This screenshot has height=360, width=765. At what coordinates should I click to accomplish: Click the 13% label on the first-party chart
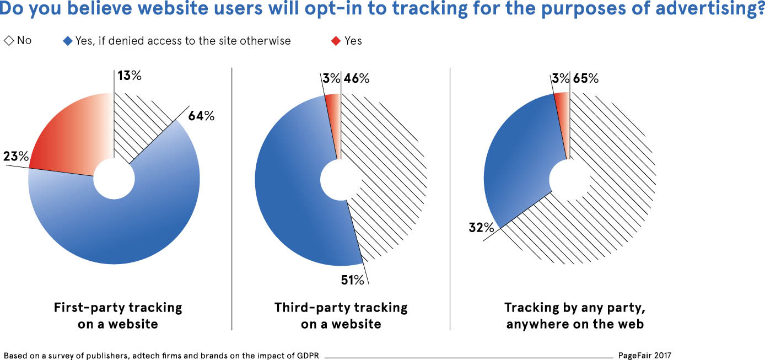click(129, 76)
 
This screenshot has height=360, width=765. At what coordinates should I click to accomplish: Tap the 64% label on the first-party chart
click(201, 116)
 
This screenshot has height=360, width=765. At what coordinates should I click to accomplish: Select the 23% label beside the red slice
click(16, 157)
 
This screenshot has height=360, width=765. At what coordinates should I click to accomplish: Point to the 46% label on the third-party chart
click(356, 78)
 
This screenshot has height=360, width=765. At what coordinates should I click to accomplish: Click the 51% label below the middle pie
click(352, 280)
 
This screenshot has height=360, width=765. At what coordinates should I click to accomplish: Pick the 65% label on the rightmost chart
click(585, 78)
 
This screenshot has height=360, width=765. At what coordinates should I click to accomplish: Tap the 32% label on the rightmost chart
click(481, 227)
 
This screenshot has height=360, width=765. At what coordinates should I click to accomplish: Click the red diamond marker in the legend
click(336, 41)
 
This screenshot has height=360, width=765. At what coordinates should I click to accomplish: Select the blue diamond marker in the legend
click(68, 41)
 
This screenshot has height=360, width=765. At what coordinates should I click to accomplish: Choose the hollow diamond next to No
click(9, 40)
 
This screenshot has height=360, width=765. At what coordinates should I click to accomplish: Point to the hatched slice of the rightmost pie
click(612, 187)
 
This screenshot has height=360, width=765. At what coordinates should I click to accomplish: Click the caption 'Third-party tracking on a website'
click(341, 315)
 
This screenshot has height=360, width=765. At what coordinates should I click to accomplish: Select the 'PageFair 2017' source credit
click(644, 356)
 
